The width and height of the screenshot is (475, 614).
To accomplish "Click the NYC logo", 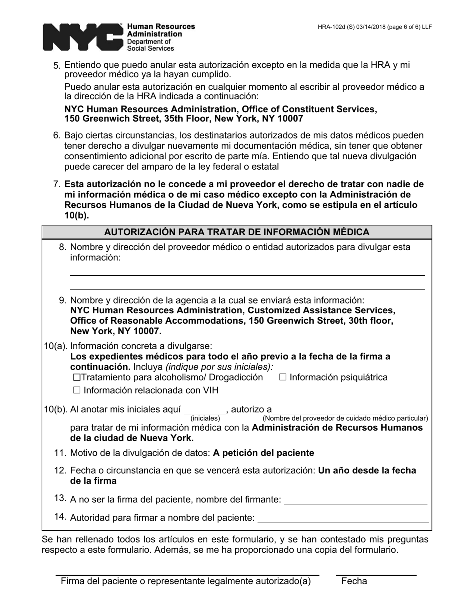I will [x=82, y=37].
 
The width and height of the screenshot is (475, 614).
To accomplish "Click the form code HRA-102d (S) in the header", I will [x=345, y=27].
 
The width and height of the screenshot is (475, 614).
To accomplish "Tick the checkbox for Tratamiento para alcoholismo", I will [x=76, y=378].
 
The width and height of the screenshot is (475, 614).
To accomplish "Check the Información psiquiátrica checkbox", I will [x=283, y=378].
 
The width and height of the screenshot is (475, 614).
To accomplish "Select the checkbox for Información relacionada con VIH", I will [x=76, y=391].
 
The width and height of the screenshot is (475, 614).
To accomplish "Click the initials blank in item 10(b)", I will [x=205, y=410].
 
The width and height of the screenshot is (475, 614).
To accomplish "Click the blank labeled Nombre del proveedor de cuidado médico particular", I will [x=350, y=410].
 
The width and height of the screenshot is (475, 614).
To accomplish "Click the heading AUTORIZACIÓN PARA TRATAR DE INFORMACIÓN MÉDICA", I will [x=237, y=232].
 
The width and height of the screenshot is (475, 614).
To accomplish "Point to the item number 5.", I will [x=57, y=66].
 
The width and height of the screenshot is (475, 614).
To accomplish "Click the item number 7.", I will [x=57, y=184].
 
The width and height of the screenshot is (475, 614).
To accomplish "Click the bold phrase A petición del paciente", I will [x=263, y=453].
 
